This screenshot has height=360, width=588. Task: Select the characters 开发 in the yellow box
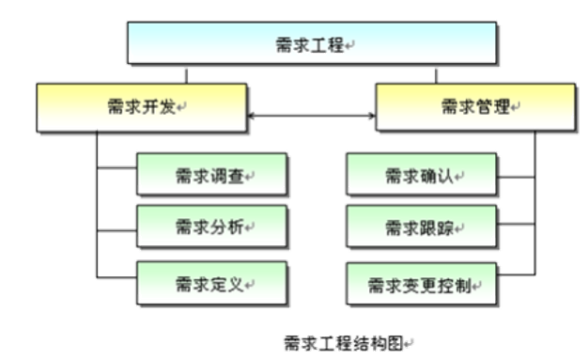coord(153,107)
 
